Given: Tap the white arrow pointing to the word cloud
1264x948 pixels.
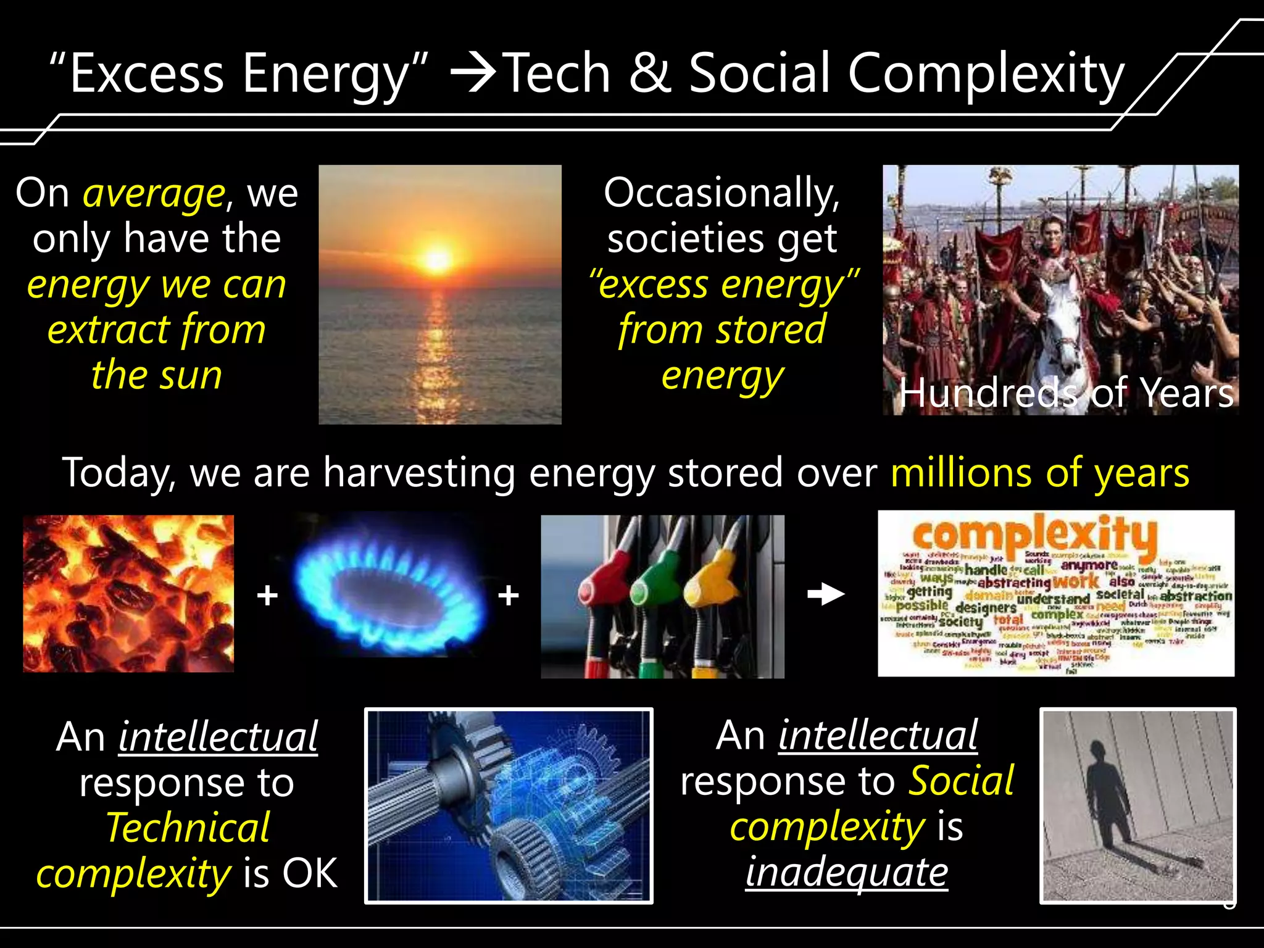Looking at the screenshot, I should pos(826,594).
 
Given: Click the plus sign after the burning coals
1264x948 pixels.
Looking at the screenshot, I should pos(267,596).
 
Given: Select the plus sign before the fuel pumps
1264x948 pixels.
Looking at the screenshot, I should pos(508,596).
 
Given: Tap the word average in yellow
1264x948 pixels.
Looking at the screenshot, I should pos(154,194).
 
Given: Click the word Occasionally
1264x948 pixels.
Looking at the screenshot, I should pos(721,193).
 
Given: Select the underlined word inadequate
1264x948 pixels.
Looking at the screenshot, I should pos(846,872).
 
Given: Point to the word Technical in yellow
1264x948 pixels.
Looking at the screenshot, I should pos(188,828).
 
